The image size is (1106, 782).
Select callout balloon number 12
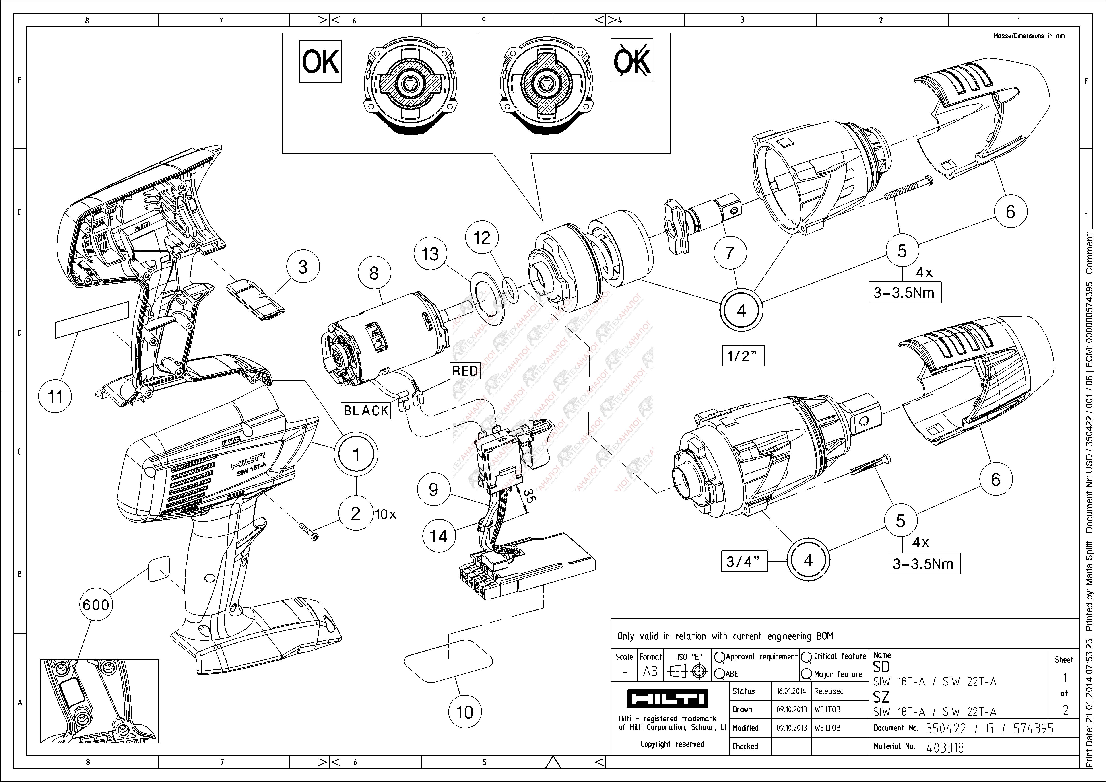pos(482,238)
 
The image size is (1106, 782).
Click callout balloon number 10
pos(464,712)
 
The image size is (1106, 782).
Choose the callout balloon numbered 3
pos(303,267)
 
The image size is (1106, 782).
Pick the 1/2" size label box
pos(743,356)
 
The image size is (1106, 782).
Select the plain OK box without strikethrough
pos(320,62)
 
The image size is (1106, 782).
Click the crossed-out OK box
pos(631,60)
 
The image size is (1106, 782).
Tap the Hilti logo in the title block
pos(667,699)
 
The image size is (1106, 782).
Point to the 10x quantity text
pos(385,514)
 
